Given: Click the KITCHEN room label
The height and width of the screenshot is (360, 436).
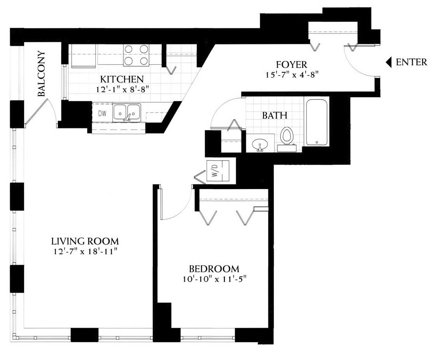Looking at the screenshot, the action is (x=122, y=79).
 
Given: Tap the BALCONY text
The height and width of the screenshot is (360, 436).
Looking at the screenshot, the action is (x=41, y=74).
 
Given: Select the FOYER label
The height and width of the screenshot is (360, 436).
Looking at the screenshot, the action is (x=291, y=65).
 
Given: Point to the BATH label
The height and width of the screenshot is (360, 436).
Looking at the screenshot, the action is (x=275, y=115).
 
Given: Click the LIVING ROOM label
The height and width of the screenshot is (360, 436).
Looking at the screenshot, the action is (x=85, y=241).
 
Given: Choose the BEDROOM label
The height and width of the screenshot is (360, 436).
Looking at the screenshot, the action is (x=214, y=269).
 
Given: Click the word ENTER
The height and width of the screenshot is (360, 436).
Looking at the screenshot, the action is (x=411, y=62).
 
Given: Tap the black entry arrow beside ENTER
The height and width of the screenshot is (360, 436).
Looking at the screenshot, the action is (x=389, y=62).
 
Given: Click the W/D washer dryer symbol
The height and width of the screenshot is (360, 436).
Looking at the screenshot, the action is (x=218, y=171).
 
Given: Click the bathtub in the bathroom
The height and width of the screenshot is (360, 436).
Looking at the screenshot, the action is (x=317, y=122).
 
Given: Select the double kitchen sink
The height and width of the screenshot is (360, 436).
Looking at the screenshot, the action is (x=127, y=113).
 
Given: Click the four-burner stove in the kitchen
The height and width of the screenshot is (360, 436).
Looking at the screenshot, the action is (x=136, y=55).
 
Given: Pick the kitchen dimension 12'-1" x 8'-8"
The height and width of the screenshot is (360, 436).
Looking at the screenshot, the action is (x=123, y=90).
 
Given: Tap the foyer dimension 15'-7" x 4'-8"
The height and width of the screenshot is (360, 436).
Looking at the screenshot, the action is (x=292, y=75).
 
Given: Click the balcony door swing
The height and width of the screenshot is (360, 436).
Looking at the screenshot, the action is (x=42, y=111).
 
